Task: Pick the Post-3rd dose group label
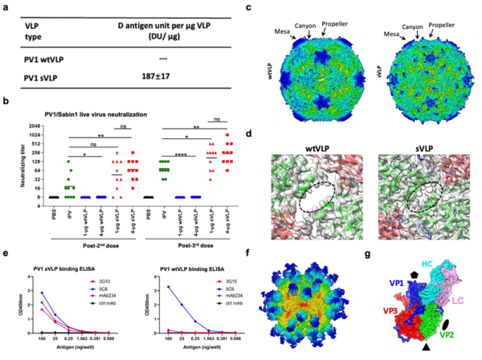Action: click(193, 240)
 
